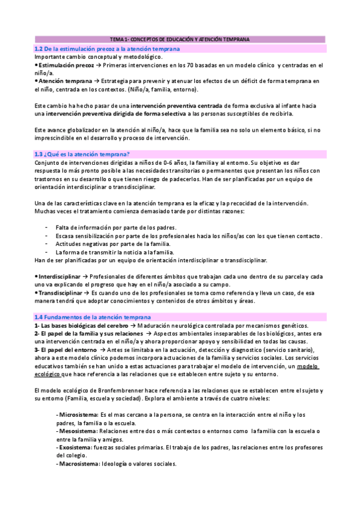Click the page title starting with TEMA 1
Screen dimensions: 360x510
(180, 38)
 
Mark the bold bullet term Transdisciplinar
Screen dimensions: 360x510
(59, 292)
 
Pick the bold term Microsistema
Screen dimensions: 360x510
(79, 415)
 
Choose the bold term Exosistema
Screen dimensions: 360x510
(76, 447)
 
